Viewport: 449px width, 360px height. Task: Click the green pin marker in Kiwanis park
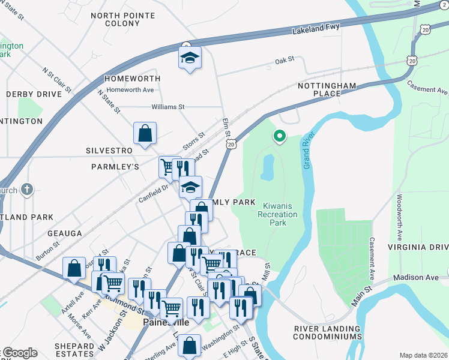[x=279, y=136]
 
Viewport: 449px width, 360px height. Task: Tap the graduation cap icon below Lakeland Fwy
[x=190, y=59]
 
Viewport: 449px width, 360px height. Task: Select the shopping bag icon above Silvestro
[x=145, y=134]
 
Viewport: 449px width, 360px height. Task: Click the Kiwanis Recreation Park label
[x=277, y=214]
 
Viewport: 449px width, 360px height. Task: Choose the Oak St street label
[x=285, y=60]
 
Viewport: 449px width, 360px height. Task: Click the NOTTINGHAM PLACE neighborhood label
[x=327, y=90]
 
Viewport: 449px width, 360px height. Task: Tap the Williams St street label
[x=167, y=107]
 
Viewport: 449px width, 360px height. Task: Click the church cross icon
[x=26, y=190]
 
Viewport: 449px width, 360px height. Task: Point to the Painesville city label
[x=166, y=323]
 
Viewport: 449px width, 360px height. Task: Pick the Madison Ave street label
[x=414, y=278]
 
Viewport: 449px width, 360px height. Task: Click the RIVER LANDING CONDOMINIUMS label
[x=328, y=333]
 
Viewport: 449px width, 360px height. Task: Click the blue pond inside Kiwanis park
[x=268, y=167]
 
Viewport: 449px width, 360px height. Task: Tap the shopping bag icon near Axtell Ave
[x=74, y=268]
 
